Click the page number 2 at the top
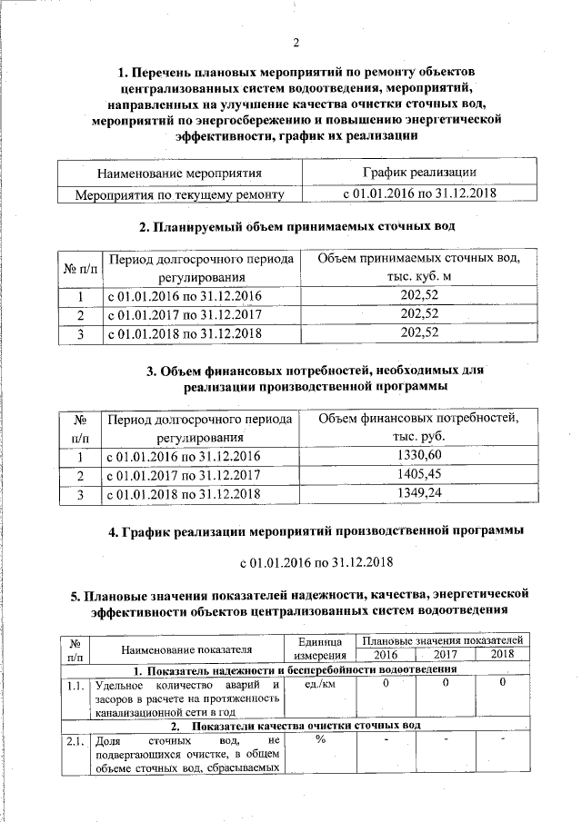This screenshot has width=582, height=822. pyautogui.click(x=296, y=42)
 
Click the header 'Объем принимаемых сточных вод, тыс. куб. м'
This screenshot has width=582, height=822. pyautogui.click(x=418, y=268)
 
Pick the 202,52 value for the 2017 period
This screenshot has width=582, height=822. pyautogui.click(x=418, y=314)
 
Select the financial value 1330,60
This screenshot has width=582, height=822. pyautogui.click(x=418, y=455)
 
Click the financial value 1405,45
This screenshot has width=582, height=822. pyautogui.click(x=418, y=475)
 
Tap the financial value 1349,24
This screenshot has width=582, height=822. pyautogui.click(x=418, y=494)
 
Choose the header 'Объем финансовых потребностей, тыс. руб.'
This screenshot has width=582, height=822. pyautogui.click(x=418, y=427)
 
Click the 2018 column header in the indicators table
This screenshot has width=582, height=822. pyautogui.click(x=502, y=654)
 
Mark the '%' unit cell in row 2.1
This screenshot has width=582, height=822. pyautogui.click(x=320, y=740)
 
